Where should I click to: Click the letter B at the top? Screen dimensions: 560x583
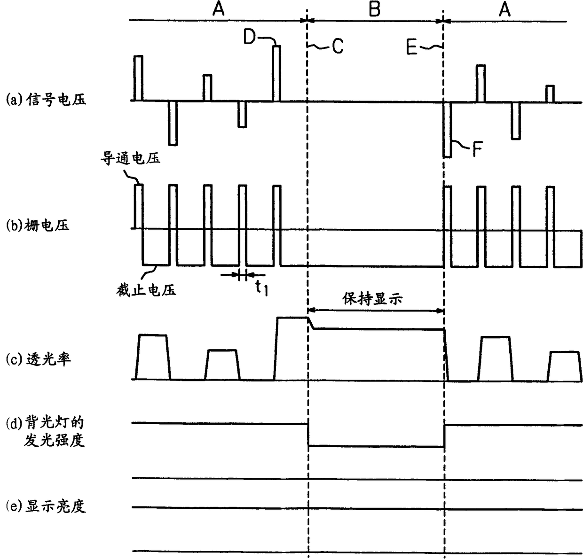pyautogui.click(x=374, y=9)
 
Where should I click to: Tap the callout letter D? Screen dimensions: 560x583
pyautogui.click(x=250, y=36)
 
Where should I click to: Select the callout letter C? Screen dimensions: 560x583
pyautogui.click(x=338, y=46)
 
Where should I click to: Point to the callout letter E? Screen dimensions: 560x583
pyautogui.click(x=412, y=47)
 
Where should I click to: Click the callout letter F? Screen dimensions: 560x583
pyautogui.click(x=478, y=150)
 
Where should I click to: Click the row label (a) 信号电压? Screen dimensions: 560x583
pyautogui.click(x=46, y=100)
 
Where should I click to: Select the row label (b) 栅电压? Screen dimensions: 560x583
pyautogui.click(x=37, y=226)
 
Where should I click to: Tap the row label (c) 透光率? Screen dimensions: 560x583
pyautogui.click(x=38, y=359)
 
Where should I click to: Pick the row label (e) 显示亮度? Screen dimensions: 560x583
pyautogui.click(x=46, y=506)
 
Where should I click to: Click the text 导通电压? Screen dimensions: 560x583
pyautogui.click(x=131, y=158)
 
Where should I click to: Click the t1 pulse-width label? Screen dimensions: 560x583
pyautogui.click(x=261, y=288)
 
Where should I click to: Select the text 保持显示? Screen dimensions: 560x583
pyautogui.click(x=372, y=299)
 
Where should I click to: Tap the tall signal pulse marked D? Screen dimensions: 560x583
pyautogui.click(x=277, y=73)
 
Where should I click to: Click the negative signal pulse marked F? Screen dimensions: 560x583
pyautogui.click(x=447, y=129)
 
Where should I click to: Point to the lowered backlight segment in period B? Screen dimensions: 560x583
pyautogui.click(x=376, y=446)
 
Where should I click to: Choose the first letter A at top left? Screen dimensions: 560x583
pyautogui.click(x=218, y=9)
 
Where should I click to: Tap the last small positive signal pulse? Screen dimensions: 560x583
pyautogui.click(x=550, y=93)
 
